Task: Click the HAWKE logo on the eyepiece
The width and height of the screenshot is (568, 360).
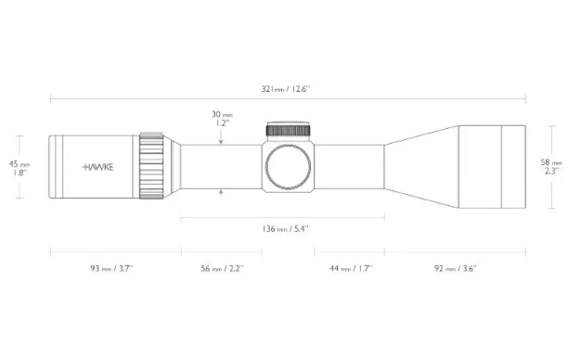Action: click(x=97, y=167)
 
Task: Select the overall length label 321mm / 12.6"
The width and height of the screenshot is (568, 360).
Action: click(x=286, y=89)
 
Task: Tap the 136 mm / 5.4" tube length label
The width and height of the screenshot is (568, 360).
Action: click(x=286, y=229)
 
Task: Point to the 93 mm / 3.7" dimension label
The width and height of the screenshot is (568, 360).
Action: click(x=112, y=269)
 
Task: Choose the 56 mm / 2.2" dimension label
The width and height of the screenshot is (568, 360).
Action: click(x=223, y=269)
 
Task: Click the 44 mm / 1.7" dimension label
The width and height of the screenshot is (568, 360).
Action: click(x=351, y=269)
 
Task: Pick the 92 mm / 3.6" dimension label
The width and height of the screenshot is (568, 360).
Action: click(x=456, y=269)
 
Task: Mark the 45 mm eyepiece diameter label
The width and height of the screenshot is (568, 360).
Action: click(x=19, y=164)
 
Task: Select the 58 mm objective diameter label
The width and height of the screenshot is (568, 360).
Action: click(x=551, y=162)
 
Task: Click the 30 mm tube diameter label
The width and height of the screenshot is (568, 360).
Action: click(x=223, y=114)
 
